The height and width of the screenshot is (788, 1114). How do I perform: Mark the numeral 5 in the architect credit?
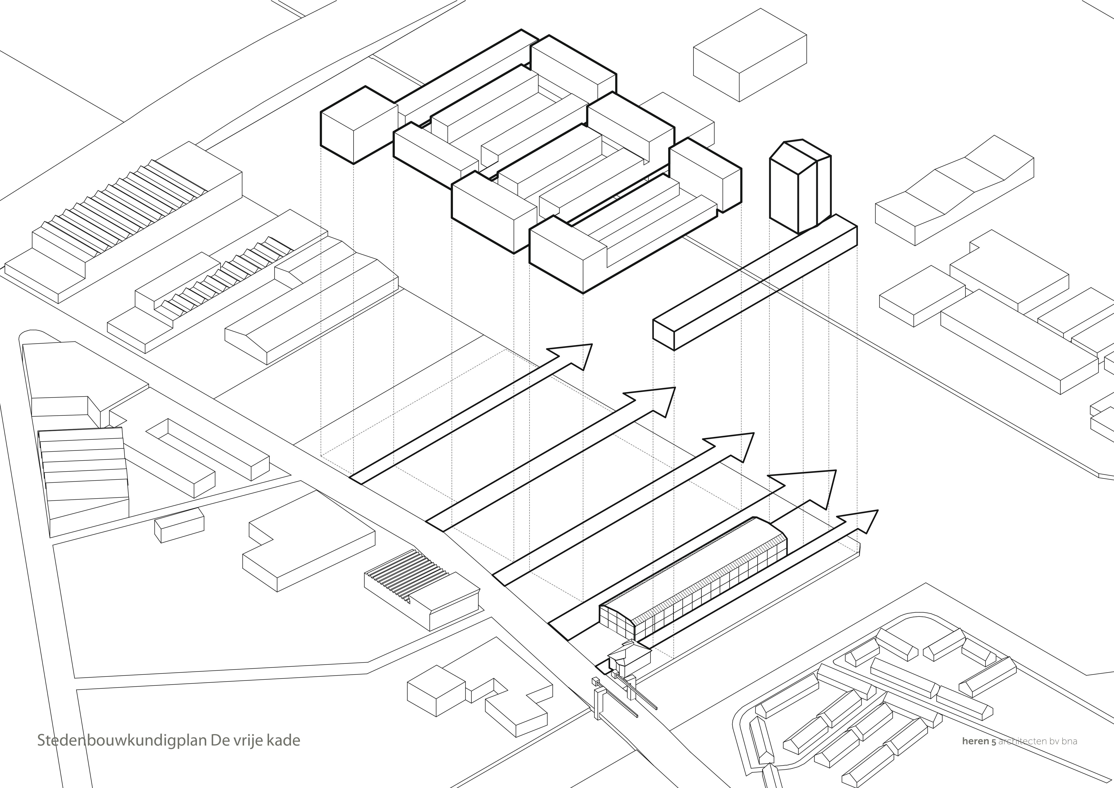[993, 742]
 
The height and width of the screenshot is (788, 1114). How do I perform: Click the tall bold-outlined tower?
[796, 189]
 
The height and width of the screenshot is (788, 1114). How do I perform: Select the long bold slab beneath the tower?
[752, 286]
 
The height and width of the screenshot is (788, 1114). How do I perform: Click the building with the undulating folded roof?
[951, 194]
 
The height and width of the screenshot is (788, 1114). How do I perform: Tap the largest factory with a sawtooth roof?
[121, 218]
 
